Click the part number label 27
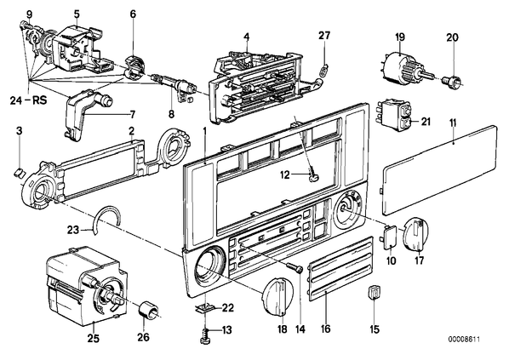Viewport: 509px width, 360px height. pyautogui.click(x=323, y=36)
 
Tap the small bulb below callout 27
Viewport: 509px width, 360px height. pyautogui.click(x=323, y=70)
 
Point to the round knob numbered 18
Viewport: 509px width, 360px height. pyautogui.click(x=277, y=297)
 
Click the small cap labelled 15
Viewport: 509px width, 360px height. pyautogui.click(x=375, y=292)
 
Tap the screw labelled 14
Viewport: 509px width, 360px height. pyautogui.click(x=295, y=267)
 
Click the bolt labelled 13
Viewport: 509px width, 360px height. pyautogui.click(x=204, y=336)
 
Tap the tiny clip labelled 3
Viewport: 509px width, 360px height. pyautogui.click(x=20, y=172)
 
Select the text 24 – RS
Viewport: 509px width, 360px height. pyautogui.click(x=28, y=100)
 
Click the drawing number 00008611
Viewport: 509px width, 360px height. pyautogui.click(x=464, y=340)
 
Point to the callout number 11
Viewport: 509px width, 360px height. pyautogui.click(x=453, y=123)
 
